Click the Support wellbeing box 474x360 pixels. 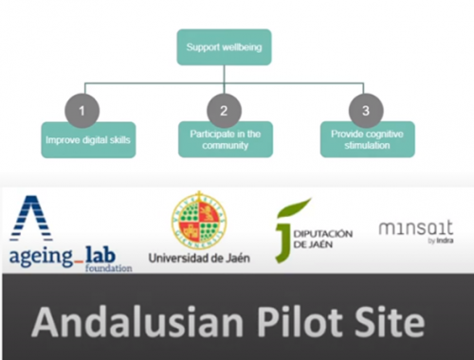click(224, 47)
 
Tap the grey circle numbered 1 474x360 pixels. click(82, 111)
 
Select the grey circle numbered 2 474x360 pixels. click(224, 111)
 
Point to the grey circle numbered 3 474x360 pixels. click(366, 111)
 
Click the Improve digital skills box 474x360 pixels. click(88, 140)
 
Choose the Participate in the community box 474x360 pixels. click(226, 139)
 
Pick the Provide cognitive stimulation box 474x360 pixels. click(368, 139)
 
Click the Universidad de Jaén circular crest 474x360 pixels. click(199, 221)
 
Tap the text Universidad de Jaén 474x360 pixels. click(199, 259)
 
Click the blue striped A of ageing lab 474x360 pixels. click(31, 219)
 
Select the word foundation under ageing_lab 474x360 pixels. click(108, 268)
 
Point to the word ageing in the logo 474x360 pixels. click(41, 258)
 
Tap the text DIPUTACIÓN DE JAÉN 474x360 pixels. click(323, 239)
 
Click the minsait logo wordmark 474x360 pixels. click(416, 228)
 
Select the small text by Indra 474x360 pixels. click(441, 241)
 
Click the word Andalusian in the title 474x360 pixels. click(137, 322)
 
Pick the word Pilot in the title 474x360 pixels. click(300, 322)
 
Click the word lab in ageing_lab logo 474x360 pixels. click(100, 255)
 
